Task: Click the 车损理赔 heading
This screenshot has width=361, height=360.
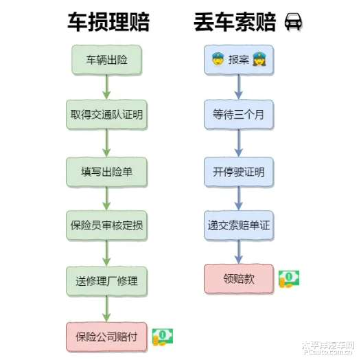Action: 108,22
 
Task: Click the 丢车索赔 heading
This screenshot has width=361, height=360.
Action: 235,22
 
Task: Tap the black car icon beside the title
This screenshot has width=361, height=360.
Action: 293,22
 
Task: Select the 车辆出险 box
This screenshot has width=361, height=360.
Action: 106,60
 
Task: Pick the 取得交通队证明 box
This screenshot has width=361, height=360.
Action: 106,115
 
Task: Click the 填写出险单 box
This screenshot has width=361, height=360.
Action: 106,172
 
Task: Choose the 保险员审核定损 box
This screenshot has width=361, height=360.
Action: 106,225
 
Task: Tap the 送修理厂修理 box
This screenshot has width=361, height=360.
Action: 106,281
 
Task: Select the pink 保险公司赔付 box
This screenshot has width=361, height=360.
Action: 106,337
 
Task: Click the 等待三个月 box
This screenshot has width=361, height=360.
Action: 239,115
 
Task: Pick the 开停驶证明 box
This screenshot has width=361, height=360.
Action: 239,172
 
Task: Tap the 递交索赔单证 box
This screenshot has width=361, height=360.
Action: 239,225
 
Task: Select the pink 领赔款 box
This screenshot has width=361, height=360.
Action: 239,279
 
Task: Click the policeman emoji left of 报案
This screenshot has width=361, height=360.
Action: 218,59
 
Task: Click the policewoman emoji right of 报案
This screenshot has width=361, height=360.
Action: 259,59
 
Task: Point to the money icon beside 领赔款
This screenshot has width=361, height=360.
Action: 289,279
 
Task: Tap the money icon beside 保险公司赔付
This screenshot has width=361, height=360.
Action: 163,337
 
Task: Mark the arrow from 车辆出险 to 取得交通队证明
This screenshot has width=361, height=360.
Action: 106,87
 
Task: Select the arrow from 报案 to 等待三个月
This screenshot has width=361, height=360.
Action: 239,87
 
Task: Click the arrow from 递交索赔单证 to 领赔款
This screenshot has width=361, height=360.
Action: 239,252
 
